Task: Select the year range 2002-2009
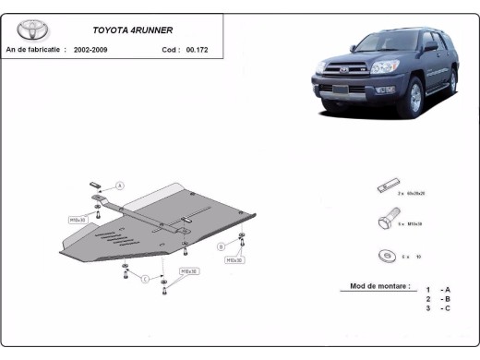click(92, 49)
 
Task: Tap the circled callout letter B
click(222, 246)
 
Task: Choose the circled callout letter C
click(145, 279)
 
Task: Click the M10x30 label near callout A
click(78, 221)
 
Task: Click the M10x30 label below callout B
click(234, 261)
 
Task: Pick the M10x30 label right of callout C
click(189, 272)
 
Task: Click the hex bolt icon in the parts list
click(387, 222)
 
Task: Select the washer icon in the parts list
click(385, 256)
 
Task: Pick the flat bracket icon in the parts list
click(386, 187)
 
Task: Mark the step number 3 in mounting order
click(427, 308)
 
